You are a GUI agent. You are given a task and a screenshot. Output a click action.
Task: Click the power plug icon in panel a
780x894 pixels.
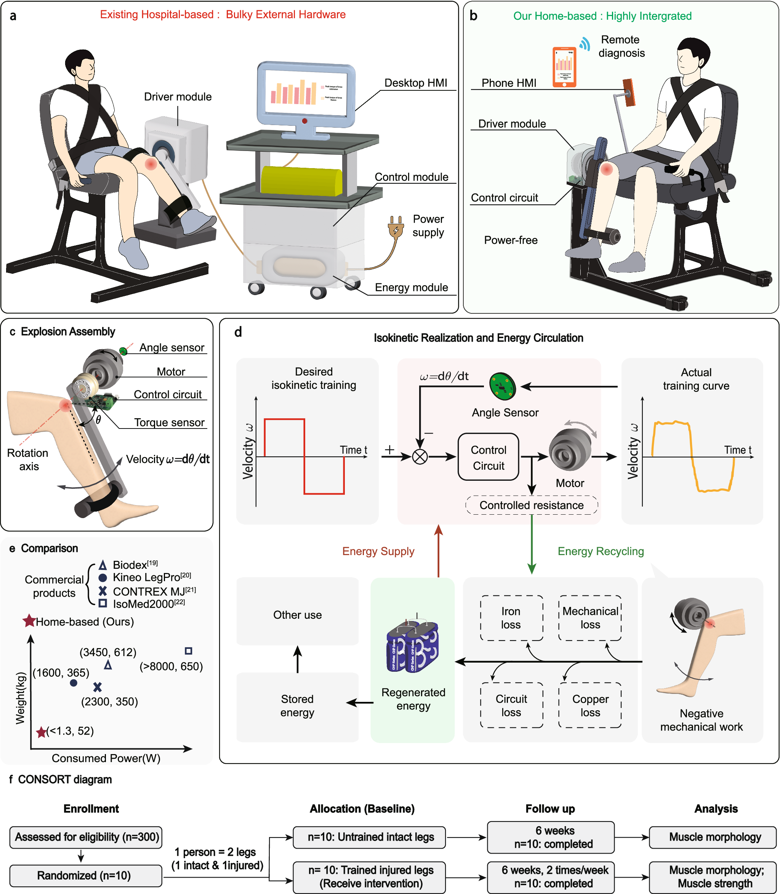click(395, 227)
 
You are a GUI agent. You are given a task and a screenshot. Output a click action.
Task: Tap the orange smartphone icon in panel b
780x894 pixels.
click(564, 67)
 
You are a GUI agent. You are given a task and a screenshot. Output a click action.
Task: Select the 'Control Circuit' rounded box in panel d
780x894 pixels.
click(489, 457)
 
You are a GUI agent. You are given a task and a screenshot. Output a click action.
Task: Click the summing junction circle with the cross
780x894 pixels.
click(420, 457)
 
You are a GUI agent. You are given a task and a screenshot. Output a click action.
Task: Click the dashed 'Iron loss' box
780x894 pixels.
click(511, 618)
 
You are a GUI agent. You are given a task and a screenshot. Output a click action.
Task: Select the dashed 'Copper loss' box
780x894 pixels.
click(590, 705)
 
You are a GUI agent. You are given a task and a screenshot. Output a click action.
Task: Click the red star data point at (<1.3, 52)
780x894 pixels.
click(42, 732)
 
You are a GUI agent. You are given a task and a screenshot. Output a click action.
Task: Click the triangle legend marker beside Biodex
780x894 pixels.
click(103, 565)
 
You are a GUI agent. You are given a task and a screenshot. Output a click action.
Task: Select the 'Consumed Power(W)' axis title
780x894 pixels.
click(106, 758)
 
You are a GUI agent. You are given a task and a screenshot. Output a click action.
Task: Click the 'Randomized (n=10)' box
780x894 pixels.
click(85, 875)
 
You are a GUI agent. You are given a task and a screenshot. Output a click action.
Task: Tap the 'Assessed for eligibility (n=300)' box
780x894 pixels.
click(86, 836)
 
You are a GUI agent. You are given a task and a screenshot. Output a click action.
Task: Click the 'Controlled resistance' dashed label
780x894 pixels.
click(532, 505)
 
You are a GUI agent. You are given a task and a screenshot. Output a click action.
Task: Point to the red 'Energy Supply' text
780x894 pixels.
click(378, 551)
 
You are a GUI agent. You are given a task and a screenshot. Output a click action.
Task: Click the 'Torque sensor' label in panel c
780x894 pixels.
click(169, 422)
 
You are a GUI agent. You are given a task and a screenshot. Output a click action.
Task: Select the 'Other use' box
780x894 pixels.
click(297, 615)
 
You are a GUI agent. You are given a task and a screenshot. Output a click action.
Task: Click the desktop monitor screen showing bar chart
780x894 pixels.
click(306, 92)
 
